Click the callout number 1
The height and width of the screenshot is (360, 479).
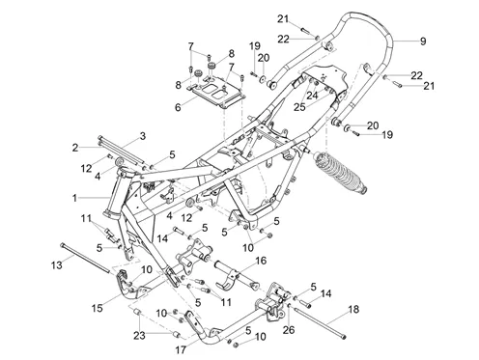[74, 198]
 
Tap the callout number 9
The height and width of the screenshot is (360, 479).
[423, 42]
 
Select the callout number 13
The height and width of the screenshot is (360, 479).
[56, 265]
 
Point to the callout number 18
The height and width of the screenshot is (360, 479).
[353, 309]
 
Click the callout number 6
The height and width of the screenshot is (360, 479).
[178, 107]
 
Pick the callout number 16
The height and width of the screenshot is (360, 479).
[261, 261]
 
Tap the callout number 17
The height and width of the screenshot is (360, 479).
[181, 350]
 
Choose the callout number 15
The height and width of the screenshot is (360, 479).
[97, 308]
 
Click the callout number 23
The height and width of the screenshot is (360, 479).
[139, 336]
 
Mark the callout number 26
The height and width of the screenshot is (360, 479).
[289, 330]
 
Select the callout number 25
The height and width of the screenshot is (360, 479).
[299, 107]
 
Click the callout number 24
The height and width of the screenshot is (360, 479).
[312, 96]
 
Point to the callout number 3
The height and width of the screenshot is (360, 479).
[143, 136]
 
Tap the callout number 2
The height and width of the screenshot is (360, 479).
[75, 148]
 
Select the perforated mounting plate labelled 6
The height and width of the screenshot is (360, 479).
[217, 92]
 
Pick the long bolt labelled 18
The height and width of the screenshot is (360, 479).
[319, 322]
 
